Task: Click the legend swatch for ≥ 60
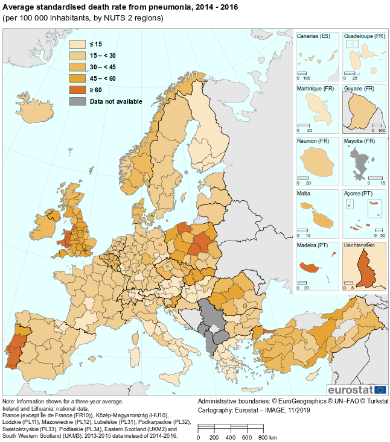[x=77, y=90]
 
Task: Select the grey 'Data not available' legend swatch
[x=77, y=101]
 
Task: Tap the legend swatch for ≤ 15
[x=77, y=44]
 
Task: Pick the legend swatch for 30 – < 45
[x=77, y=67]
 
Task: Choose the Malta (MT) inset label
[x=304, y=194]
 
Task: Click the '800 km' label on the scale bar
[x=267, y=437]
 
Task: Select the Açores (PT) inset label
[x=359, y=194]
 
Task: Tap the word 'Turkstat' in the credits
[x=377, y=401]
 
